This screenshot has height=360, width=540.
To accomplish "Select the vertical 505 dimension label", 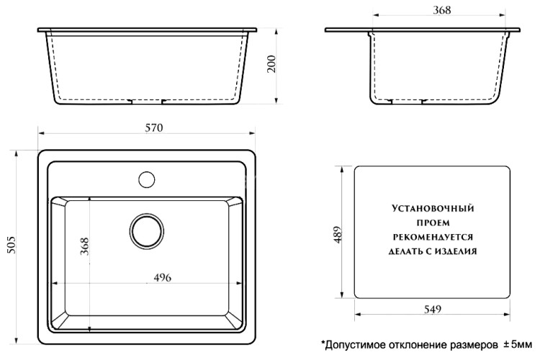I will click(11, 247).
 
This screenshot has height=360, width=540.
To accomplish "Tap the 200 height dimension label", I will click(271, 66).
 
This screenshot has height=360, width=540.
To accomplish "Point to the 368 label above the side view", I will click(442, 10).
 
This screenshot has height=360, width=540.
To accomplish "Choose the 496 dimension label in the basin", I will click(163, 279).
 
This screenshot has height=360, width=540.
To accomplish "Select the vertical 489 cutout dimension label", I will click(338, 234).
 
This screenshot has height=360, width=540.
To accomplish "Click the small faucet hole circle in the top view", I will click(147, 176).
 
